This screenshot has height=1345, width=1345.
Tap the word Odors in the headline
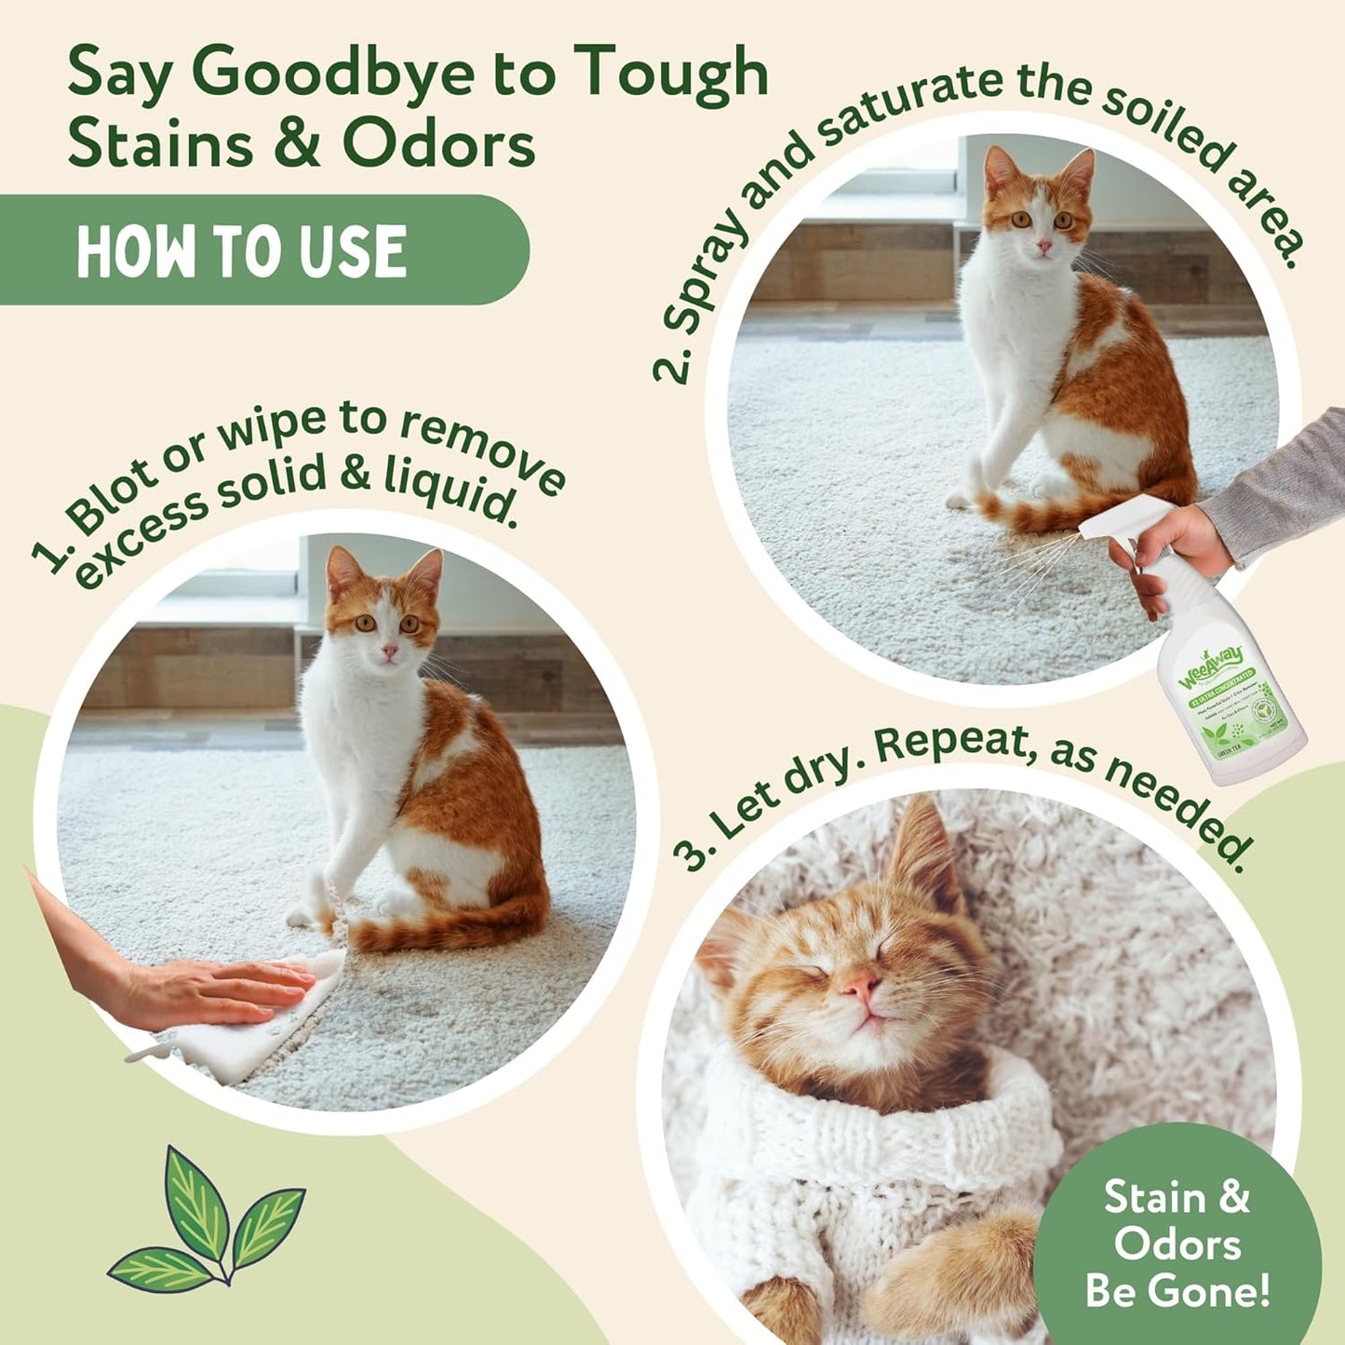pyautogui.click(x=438, y=145)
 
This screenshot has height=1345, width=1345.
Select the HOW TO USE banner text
pyautogui.click(x=241, y=251)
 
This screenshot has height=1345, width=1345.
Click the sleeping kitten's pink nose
pyautogui.click(x=860, y=983)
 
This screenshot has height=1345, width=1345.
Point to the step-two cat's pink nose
pyautogui.click(x=1044, y=247)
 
